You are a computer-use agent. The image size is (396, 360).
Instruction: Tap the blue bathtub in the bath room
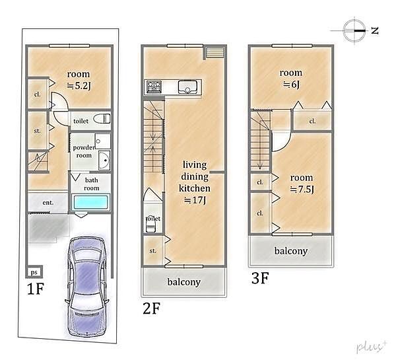coord(91,202)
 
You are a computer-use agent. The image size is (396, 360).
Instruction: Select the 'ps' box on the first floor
coord(34,272)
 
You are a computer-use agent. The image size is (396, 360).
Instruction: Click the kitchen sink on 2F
coord(187,87)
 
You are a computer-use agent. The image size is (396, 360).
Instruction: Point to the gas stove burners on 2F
coord(154,87)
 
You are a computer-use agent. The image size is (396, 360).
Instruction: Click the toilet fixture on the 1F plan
coord(102,118)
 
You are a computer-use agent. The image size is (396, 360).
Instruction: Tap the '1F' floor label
coord(36,289)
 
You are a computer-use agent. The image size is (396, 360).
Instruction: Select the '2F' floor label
coord(151,308)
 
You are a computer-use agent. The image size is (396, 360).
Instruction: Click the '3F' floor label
coord(260,278)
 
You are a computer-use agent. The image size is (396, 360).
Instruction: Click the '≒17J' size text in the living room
coord(195,200)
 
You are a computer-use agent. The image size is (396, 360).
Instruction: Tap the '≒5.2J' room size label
coord(79,86)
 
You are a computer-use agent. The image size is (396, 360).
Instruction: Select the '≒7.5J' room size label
coord(302,189)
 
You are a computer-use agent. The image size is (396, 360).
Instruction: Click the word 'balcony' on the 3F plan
coord(291,251)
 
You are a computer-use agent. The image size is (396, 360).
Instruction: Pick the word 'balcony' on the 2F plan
coord(184,281)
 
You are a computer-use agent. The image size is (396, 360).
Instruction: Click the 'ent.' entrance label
coord(48,203)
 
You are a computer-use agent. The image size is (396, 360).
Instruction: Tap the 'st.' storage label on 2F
coord(153,251)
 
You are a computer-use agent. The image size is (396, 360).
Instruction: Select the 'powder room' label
coord(84,151)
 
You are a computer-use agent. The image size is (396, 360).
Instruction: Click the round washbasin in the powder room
coord(104,161)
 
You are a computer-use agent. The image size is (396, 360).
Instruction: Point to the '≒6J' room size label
coord(292,84)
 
